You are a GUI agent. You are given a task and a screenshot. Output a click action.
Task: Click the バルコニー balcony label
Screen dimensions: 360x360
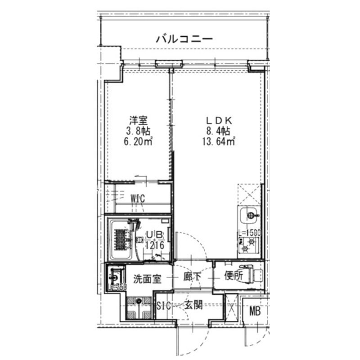[x=184, y=39]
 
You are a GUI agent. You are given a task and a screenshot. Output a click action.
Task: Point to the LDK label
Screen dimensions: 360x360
[x=218, y=121]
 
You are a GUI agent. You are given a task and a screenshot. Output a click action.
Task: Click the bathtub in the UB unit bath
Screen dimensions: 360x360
[x=120, y=238]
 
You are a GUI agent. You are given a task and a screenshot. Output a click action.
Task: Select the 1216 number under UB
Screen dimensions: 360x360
[x=154, y=245]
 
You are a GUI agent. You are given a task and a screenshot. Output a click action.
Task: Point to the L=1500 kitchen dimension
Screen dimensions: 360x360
[x=249, y=234]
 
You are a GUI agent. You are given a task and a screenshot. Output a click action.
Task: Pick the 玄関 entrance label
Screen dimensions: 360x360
[x=193, y=306]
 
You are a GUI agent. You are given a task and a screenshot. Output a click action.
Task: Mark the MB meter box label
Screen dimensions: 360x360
[x=255, y=311]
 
